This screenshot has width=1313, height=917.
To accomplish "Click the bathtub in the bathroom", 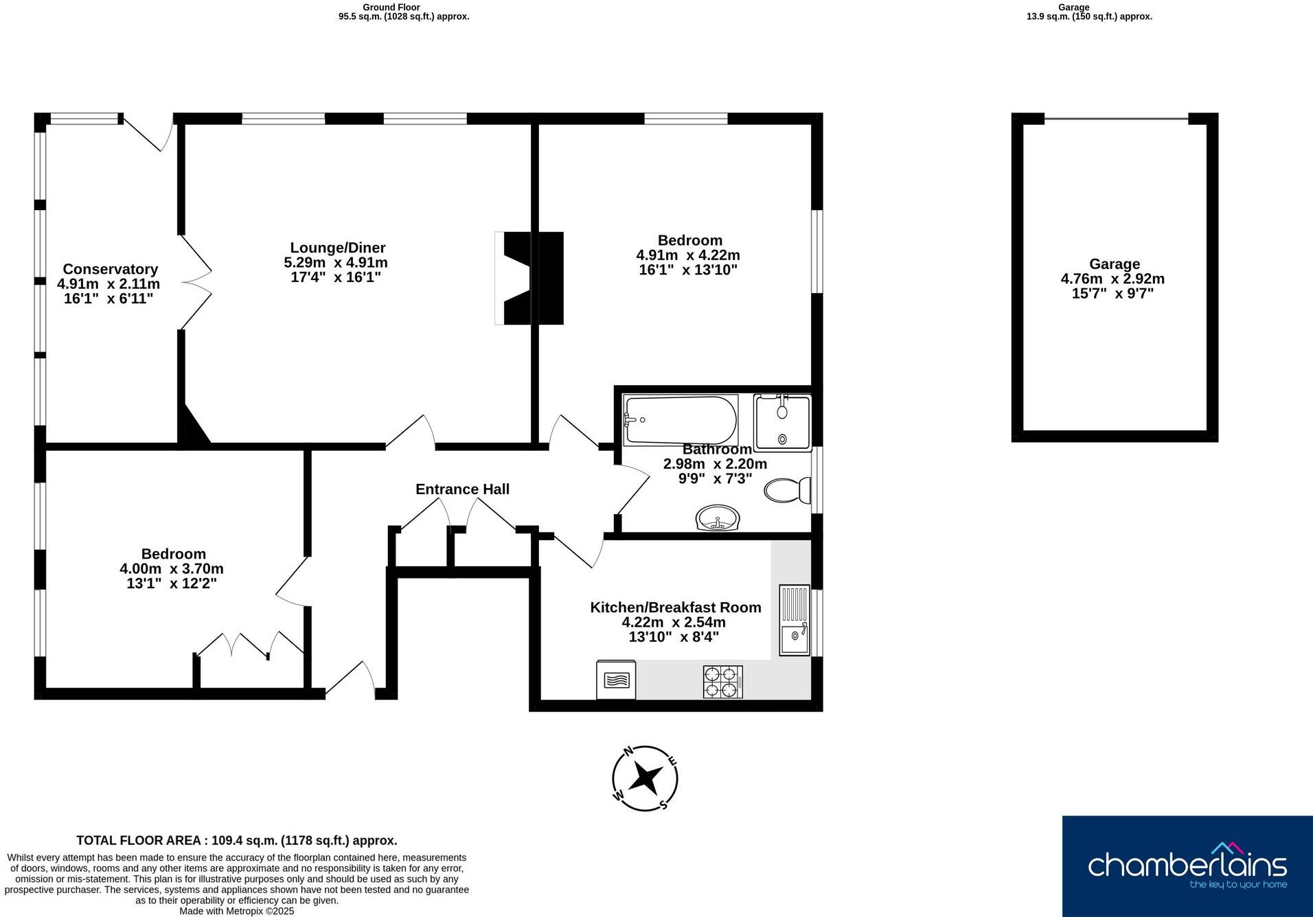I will click(680, 420).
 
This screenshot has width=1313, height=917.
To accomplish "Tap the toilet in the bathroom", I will click(787, 491).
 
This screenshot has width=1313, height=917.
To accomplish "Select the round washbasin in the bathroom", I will click(717, 518).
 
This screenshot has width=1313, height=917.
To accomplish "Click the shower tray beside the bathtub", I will click(782, 422).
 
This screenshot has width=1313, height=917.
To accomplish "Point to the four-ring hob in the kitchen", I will click(722, 681).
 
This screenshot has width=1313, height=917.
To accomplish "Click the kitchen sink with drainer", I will click(795, 620).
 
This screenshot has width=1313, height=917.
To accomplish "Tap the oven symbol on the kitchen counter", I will click(616, 680).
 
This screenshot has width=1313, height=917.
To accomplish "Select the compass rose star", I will click(646, 778).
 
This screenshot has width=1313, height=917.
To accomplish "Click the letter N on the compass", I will click(628, 751).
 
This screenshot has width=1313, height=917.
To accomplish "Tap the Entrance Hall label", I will click(462, 489).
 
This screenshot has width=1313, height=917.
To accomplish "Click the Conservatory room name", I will click(110, 269).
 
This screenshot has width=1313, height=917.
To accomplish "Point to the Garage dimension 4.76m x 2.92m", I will click(1112, 279).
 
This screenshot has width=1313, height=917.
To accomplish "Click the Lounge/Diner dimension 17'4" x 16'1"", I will click(335, 277).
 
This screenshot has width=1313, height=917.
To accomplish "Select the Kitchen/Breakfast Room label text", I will click(675, 607).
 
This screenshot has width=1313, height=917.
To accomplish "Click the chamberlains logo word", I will click(1187, 864).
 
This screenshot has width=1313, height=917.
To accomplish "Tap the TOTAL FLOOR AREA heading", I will click(236, 840).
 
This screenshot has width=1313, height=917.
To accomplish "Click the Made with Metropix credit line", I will click(236, 912).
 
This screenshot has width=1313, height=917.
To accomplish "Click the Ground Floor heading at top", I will click(391, 8).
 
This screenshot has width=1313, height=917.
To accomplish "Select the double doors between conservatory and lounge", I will click(195, 282).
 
